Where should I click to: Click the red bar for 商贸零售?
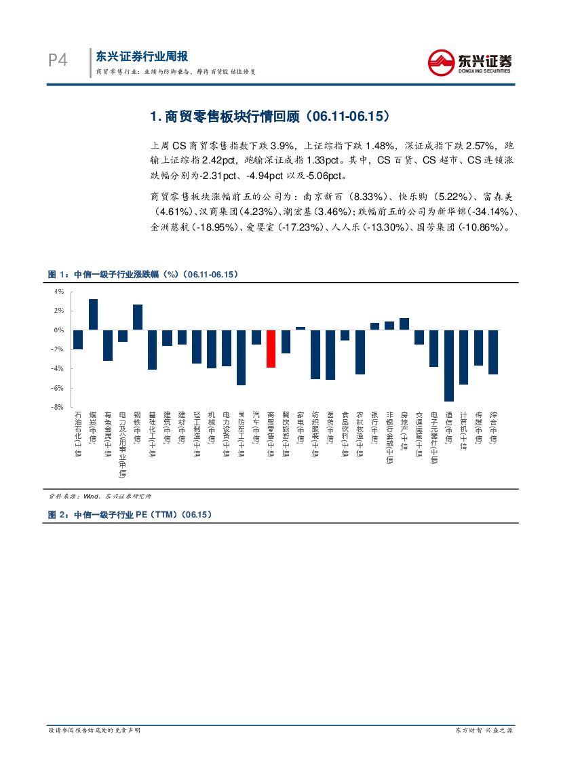[271, 349]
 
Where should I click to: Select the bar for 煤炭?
[93, 315]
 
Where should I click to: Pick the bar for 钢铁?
[138, 317]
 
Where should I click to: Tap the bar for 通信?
[449, 366]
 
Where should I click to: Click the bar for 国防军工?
[241, 357]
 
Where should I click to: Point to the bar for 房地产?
[404, 324]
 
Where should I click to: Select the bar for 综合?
[493, 352]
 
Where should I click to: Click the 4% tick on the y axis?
[59, 291]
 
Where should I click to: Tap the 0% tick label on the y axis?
[59, 330]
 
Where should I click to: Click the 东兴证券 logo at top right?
[469, 63]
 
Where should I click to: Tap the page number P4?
[58, 61]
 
